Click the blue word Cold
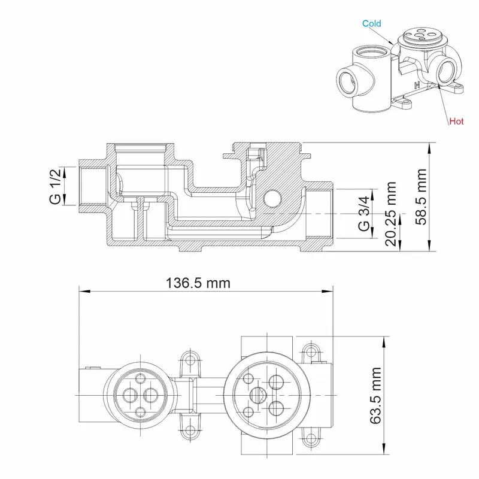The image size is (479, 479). coord(371,23)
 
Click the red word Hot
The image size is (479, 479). coord(456,122)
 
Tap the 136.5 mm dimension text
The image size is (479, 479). coord(198,283)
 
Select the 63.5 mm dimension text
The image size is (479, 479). coord(376,395)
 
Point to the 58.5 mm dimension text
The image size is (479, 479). coord(421,197)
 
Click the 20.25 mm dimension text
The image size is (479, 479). coord(391,214)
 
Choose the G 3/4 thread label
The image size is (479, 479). coord(364,214)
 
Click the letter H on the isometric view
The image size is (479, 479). coord(417,85)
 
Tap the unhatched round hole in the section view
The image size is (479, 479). coord(272,199)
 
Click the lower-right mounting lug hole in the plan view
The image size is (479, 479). coord(311,437)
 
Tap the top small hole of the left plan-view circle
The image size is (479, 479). coord(141,379)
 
